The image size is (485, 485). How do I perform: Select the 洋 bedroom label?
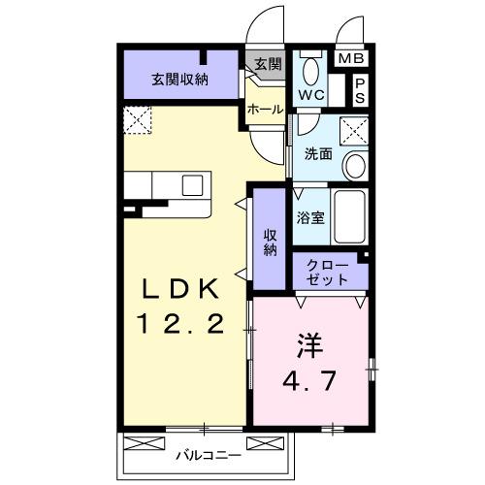[x=309, y=344]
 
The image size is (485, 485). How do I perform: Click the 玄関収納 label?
[x=179, y=80]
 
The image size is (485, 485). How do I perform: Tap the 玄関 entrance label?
[x=268, y=65]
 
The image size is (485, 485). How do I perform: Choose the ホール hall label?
[x=264, y=111]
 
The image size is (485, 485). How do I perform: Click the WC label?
[x=311, y=95]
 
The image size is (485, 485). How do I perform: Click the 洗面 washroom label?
[x=319, y=153]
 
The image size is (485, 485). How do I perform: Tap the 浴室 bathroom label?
[x=312, y=218]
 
